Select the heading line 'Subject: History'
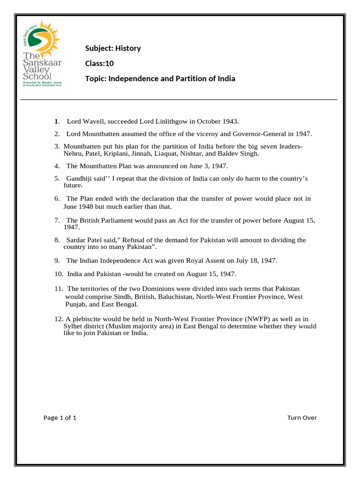click(x=112, y=48)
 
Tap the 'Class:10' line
click(x=99, y=63)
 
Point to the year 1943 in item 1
click(x=231, y=122)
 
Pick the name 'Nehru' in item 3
click(x=74, y=153)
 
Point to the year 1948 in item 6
click(x=86, y=206)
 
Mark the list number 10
click(x=59, y=274)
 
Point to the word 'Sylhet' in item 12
click(x=74, y=326)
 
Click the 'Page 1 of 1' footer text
click(x=60, y=418)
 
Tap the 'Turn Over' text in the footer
click(x=302, y=418)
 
